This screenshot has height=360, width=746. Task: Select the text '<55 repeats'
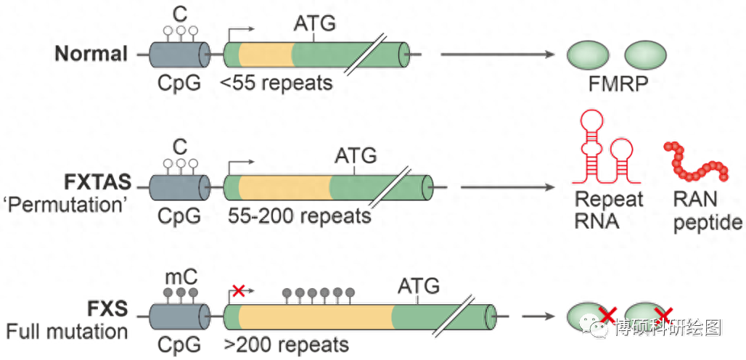coord(276,83)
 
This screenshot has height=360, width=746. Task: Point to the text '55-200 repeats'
coord(299,216)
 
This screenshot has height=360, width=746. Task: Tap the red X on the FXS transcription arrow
coord(237,291)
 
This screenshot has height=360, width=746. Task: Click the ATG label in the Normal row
coord(315,24)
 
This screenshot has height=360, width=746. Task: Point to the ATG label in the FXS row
coord(419,286)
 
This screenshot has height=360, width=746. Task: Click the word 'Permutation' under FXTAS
coord(68,204)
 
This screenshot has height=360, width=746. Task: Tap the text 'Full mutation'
coord(67,332)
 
